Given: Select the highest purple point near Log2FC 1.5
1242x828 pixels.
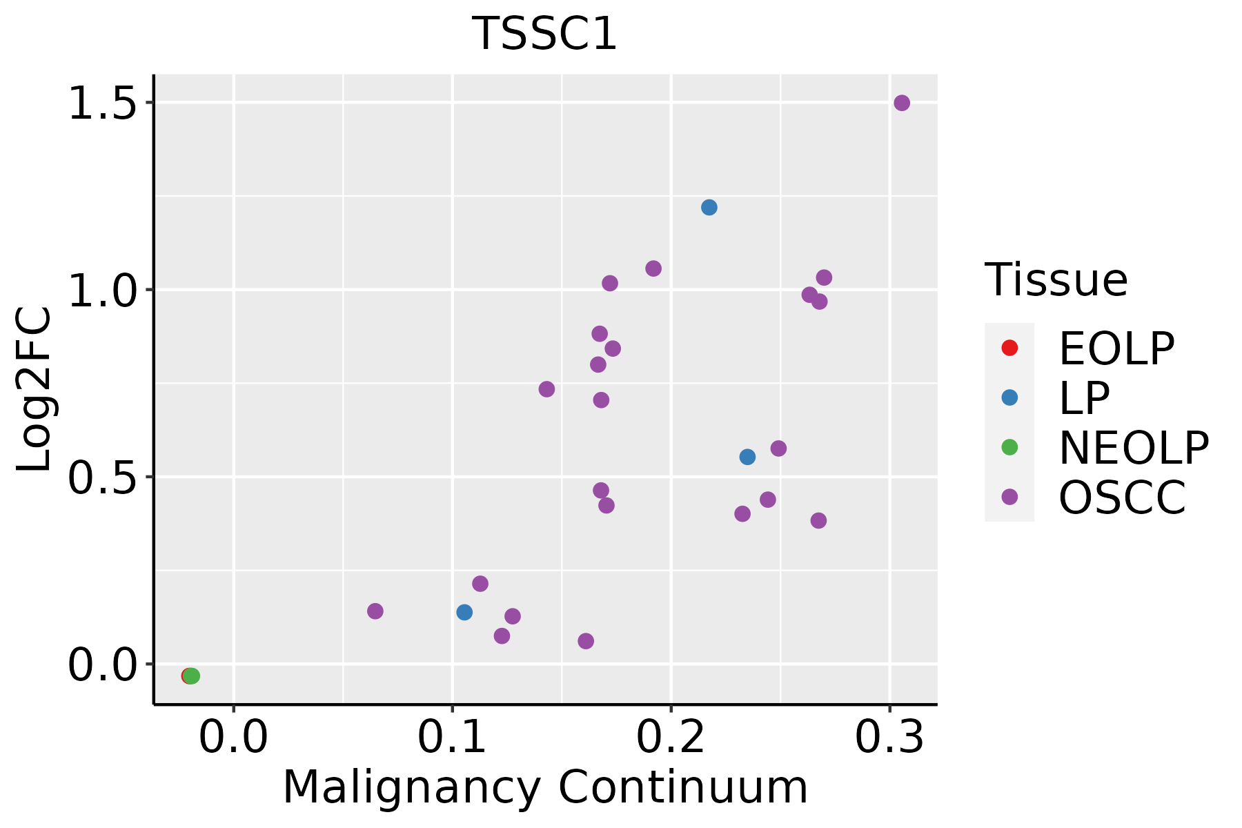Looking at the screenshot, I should pos(902,103).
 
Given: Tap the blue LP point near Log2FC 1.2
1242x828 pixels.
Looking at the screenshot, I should pos(709,207).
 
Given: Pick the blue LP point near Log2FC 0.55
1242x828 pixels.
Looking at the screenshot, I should pos(747,457).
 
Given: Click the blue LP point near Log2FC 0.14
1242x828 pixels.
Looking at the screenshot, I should pos(464,612).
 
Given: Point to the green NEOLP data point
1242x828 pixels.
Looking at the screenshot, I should pos(193,676).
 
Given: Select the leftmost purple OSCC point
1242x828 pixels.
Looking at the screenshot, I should pos(375,611).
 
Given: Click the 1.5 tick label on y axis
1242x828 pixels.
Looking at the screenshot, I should pos(102,105).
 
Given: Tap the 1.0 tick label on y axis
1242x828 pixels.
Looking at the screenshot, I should pos(102,292).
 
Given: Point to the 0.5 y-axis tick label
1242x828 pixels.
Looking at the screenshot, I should pos(102,479).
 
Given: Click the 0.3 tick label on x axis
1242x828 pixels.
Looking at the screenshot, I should pos(889,738).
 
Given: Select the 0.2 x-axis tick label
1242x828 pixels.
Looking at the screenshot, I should pos(671,738).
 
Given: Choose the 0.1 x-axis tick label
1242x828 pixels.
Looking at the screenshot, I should pos(452,738).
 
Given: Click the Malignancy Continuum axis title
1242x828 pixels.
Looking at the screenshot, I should pos(545,787).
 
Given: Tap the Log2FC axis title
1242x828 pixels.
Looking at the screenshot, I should pos(34,389).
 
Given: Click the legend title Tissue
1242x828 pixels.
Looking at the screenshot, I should pos(1056,280).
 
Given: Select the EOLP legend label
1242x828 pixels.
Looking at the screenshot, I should pos(1116,349).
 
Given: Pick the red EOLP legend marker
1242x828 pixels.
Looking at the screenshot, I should pos(1009,348).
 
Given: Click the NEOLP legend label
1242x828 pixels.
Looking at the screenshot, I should pos(1134,448).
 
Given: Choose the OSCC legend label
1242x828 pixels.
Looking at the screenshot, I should pos(1122,498).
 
